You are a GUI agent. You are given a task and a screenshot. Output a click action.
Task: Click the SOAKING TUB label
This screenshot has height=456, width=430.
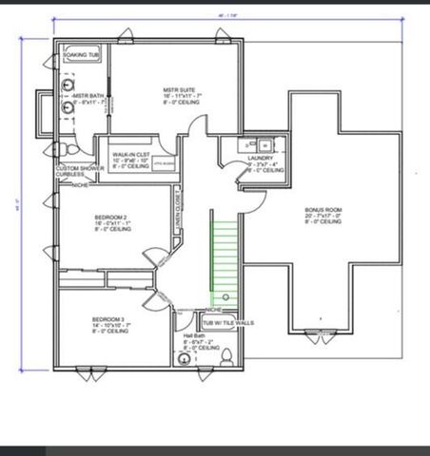click(81, 55)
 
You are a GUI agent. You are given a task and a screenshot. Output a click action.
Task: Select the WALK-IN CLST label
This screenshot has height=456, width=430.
click(130, 153)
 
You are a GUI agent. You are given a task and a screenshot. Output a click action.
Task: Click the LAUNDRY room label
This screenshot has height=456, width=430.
click(261, 159)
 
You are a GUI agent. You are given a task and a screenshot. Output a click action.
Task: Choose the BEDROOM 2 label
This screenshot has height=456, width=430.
click(111, 218)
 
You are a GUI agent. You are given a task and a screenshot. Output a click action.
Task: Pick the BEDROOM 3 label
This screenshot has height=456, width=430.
click(109, 319)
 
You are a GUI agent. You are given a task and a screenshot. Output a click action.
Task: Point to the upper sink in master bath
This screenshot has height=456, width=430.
click(68, 83)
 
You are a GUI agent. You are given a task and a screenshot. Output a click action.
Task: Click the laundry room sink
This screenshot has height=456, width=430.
click(265, 144)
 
